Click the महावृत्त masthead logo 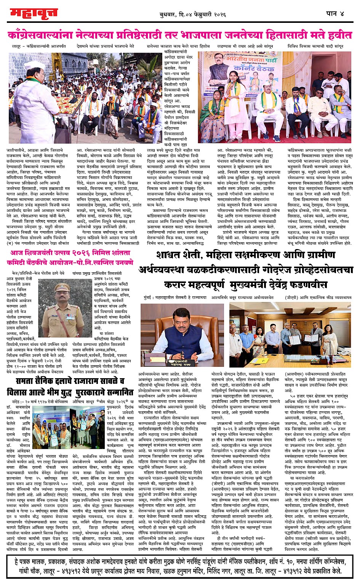pyautogui.click(x=34, y=13)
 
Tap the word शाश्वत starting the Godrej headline pyautogui.click(x=175, y=255)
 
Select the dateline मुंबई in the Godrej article pyautogui.click(x=145, y=297)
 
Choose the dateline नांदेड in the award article pyautogui.click(x=18, y=401)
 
